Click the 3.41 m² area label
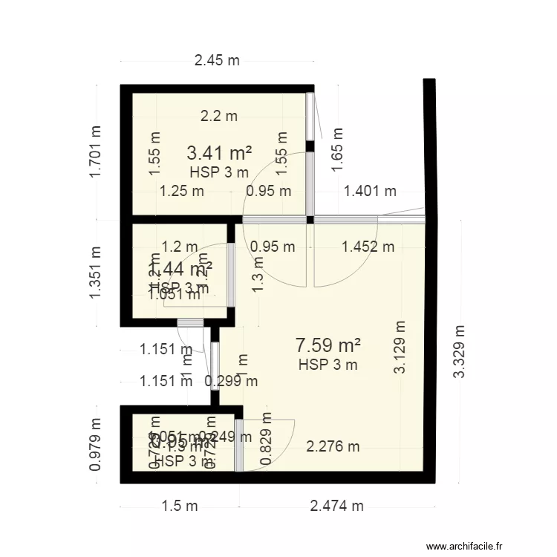point(219,154)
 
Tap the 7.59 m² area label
point(328,345)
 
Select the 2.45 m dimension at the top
point(217,61)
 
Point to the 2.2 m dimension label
point(219,116)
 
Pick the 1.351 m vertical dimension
point(94,273)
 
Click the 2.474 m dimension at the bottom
point(336,506)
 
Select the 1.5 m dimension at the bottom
point(180,506)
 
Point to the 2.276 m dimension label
point(333,446)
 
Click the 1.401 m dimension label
point(370,191)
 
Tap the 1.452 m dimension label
point(368,247)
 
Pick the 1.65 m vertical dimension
point(338,149)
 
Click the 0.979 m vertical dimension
point(94,444)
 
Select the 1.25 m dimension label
point(182,191)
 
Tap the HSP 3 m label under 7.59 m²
point(328,365)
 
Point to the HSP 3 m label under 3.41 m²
point(219,173)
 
